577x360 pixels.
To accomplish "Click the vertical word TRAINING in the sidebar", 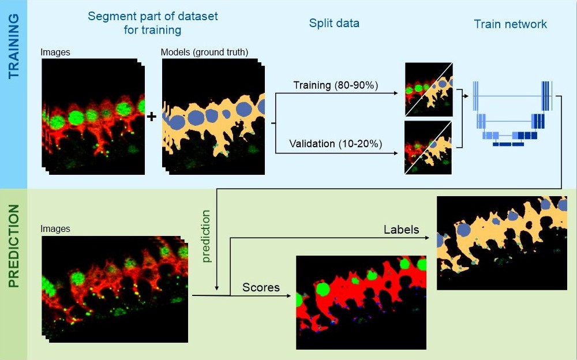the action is click(14, 46).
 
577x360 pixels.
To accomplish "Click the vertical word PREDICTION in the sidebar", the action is click(14, 246).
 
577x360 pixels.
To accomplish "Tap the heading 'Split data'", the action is click(334, 23).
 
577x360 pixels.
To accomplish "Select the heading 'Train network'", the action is click(511, 24).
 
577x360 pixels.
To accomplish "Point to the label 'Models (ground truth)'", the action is click(205, 52).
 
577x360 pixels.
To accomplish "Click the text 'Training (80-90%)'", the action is click(336, 85).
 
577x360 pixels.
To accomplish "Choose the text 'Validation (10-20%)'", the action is click(336, 144).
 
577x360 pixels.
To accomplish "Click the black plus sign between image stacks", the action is click(151, 117).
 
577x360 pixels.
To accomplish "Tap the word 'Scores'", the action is click(261, 287).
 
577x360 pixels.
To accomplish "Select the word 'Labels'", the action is click(402, 230).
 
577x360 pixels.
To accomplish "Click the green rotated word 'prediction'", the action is click(206, 236).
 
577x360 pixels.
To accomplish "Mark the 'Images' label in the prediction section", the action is click(55, 228).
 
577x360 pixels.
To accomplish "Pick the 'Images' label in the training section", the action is click(55, 52).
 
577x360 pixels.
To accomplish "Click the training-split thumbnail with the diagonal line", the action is click(429, 89).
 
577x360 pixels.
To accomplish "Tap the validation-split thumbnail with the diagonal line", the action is click(428, 148).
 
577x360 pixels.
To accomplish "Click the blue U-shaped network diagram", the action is click(512, 114).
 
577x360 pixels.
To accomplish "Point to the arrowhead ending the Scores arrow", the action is click(289, 295).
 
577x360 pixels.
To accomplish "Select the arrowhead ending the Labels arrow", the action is click(427, 238).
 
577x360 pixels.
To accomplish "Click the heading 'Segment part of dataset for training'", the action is click(153, 23).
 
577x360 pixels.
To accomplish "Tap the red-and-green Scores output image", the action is click(361, 302).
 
